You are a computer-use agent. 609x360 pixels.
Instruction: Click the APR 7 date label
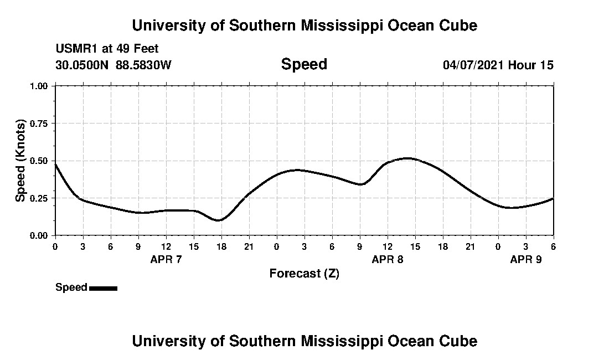[166, 259]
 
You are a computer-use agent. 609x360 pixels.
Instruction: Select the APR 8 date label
[388, 259]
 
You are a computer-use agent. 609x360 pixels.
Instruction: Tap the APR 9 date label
[526, 259]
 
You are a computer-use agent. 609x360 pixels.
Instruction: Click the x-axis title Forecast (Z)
[304, 273]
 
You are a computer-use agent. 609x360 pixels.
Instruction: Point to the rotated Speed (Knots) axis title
[20, 161]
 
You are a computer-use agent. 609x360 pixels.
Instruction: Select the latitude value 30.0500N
[82, 65]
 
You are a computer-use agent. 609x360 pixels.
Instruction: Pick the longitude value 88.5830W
[143, 65]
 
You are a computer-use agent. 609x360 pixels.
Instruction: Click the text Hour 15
[531, 65]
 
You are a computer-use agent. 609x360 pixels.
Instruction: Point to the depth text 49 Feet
[142, 49]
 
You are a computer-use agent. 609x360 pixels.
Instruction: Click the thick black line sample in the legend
[103, 288]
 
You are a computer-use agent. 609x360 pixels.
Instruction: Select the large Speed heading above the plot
[304, 64]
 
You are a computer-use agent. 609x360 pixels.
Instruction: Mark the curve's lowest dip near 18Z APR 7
[219, 220]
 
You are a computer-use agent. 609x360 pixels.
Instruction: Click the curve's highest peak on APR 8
[407, 158]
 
